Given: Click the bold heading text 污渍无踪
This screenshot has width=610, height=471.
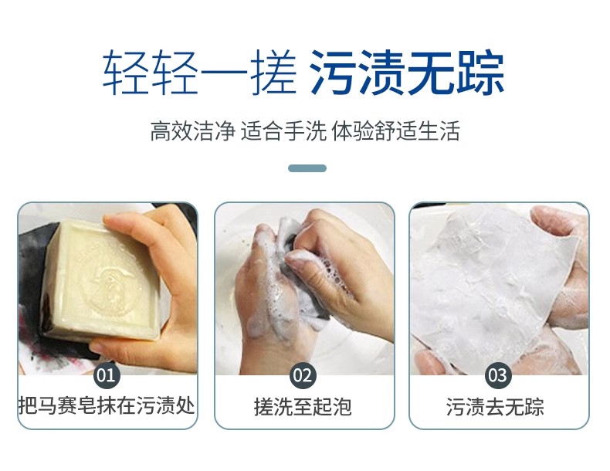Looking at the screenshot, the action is point(408,73).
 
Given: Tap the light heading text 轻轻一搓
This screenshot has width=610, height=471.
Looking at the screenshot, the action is point(199,73).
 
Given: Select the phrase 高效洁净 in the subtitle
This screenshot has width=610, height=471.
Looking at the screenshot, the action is point(192,130).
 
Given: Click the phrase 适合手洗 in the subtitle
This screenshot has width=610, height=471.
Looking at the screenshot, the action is point(283,130).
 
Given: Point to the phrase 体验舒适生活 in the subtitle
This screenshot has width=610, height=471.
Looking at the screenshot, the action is point(395,130).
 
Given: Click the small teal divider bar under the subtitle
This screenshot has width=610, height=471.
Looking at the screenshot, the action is point(307,168).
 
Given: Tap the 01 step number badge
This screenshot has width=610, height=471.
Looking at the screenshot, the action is point(107,375).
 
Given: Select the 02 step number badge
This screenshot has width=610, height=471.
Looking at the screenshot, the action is point(303,375).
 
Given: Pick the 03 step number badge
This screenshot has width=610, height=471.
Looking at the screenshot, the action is point(497,375).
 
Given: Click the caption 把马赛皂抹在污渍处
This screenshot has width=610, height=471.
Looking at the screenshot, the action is point(107,405).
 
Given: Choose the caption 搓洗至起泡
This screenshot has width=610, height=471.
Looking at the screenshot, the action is point(303,406).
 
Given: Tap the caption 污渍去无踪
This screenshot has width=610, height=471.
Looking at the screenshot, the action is point(495,406).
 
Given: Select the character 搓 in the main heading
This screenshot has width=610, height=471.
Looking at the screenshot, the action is point(273,73).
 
